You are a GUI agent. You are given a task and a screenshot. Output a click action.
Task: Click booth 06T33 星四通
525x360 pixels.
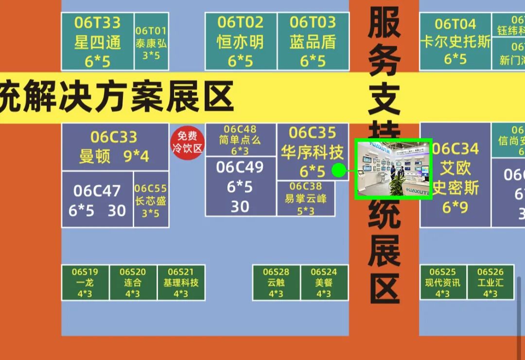click(x=97, y=41)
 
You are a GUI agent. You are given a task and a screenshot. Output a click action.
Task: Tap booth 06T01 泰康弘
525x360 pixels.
click(x=151, y=41)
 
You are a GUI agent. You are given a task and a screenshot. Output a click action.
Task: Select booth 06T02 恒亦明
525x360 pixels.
click(x=241, y=41)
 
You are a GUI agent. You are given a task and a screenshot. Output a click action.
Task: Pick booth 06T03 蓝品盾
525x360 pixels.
click(x=313, y=41)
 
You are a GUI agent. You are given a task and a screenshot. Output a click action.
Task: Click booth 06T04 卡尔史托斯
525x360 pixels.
click(x=455, y=41)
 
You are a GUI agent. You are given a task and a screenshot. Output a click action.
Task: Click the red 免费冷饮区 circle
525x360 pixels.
click(x=187, y=143)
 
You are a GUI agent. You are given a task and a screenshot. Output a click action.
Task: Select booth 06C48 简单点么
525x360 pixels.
click(x=240, y=139)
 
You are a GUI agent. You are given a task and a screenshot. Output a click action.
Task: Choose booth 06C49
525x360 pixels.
click(x=240, y=187)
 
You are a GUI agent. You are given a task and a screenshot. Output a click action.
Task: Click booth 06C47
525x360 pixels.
click(x=97, y=199)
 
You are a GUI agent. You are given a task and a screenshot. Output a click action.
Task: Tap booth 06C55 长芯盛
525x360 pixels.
click(x=151, y=199)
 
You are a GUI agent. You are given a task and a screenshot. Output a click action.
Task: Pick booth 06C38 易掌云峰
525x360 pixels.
click(x=306, y=198)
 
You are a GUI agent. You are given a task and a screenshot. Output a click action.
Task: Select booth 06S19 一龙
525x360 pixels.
click(x=85, y=283)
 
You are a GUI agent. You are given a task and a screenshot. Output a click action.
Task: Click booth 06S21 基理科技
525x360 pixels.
click(x=181, y=283)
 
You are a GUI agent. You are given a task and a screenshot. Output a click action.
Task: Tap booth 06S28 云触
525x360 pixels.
click(x=276, y=283)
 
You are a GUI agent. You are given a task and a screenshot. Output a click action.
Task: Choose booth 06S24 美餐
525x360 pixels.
click(x=324, y=283)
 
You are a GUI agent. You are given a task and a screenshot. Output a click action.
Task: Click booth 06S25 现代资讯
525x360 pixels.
click(x=443, y=283)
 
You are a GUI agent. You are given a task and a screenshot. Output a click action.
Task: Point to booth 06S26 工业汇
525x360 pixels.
click(x=490, y=283)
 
